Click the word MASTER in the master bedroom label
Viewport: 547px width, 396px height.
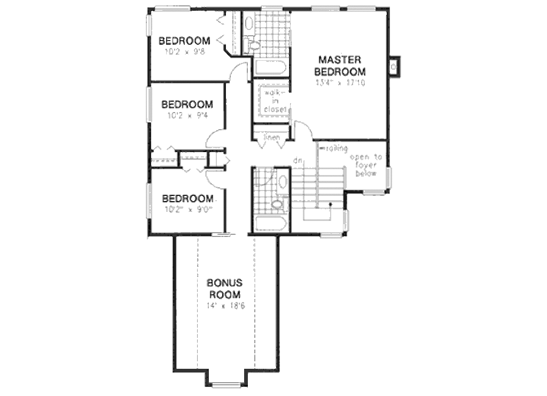point(340,60)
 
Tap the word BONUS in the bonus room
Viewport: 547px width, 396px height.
point(224,283)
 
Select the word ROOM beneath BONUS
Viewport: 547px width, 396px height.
point(224,295)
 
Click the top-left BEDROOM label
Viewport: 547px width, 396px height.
point(184,41)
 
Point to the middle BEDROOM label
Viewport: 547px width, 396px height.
point(187,105)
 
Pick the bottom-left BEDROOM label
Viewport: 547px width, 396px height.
point(187,199)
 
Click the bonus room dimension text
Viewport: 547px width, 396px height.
point(225,306)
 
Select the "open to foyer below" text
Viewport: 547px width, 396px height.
point(366,165)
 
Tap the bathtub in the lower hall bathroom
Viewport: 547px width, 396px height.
point(271,224)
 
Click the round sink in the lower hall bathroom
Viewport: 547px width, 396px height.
point(277,204)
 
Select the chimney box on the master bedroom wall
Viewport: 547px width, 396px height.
point(394,67)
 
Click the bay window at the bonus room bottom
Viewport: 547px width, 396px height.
point(226,382)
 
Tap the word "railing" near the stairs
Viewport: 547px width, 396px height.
point(337,148)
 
